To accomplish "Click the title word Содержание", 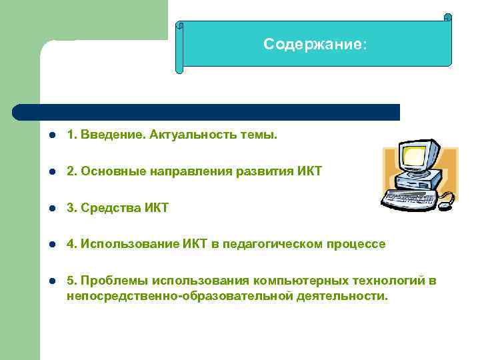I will [x=313, y=45].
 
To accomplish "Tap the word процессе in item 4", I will [x=356, y=245].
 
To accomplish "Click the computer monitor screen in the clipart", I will [x=413, y=157].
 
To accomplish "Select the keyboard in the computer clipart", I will [x=411, y=199].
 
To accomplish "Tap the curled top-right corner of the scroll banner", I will [x=447, y=18].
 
